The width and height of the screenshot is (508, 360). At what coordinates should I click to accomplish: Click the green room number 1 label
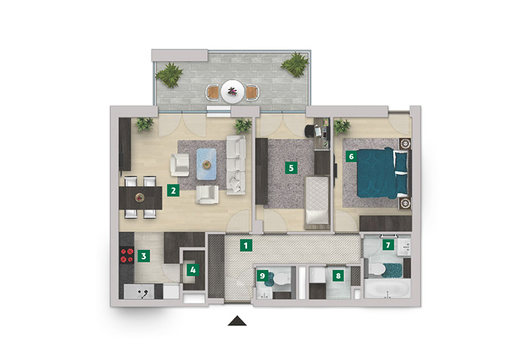(x=246, y=246)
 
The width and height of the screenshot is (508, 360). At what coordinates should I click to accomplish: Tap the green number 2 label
(x=174, y=190)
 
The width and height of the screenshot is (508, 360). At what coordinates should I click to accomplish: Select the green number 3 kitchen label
(x=143, y=256)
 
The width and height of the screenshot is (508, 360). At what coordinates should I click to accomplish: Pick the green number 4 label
(x=193, y=270)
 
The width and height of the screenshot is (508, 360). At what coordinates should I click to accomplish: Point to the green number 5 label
(x=291, y=168)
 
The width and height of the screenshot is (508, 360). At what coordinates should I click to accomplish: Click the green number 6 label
(x=351, y=157)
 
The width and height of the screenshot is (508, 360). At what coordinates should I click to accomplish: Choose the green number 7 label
(x=388, y=245)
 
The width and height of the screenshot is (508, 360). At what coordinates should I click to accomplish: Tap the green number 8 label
(x=338, y=275)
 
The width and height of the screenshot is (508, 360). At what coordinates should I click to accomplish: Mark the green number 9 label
(x=262, y=276)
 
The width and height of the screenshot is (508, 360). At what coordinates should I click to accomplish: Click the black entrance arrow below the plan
(x=237, y=320)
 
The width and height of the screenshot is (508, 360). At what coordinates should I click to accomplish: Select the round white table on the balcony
(x=232, y=92)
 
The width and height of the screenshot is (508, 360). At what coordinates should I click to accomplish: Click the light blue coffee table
(x=206, y=164)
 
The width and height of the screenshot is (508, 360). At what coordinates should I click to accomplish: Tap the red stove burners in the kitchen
(x=127, y=256)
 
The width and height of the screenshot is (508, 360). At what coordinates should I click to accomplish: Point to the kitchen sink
(x=139, y=292)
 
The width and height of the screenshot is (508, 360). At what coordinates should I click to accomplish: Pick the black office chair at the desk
(x=310, y=131)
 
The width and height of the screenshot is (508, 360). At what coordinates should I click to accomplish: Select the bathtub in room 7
(x=387, y=289)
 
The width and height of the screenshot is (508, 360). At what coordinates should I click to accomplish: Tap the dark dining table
(x=140, y=198)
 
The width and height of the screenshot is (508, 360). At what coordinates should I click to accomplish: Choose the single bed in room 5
(x=317, y=200)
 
